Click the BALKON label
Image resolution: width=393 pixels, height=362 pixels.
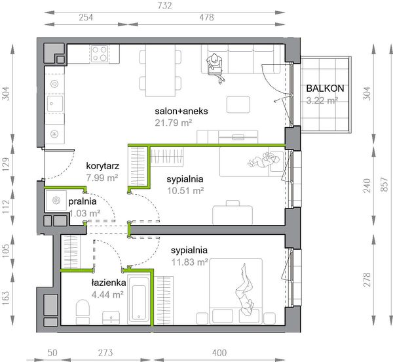(325, 89)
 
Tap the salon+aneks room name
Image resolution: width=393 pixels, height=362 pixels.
(181, 111)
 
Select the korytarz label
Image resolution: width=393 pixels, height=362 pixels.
(103, 166)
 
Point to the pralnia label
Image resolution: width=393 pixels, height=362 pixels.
(83, 201)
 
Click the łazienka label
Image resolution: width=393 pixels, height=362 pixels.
(109, 283)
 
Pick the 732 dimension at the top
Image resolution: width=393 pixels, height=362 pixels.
(164, 5)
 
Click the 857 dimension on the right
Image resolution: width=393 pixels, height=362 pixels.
(384, 185)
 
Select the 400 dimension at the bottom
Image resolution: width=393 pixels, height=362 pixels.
(219, 353)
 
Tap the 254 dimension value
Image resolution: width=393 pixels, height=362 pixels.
(86, 17)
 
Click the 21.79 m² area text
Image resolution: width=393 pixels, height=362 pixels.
(174, 123)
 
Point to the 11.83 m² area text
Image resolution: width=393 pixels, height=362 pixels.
(190, 262)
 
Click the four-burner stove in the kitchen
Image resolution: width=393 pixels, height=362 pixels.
(100, 53)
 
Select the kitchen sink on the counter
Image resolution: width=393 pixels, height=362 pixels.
(55, 104)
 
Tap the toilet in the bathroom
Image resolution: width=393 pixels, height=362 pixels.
(83, 311)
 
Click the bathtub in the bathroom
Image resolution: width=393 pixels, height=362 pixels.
(139, 299)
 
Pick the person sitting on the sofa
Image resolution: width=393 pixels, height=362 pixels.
(215, 68)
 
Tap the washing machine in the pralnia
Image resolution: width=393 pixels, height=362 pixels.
(56, 201)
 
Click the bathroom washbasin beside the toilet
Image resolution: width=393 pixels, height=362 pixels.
(111, 317)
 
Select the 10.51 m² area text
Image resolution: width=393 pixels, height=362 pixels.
(185, 191)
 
